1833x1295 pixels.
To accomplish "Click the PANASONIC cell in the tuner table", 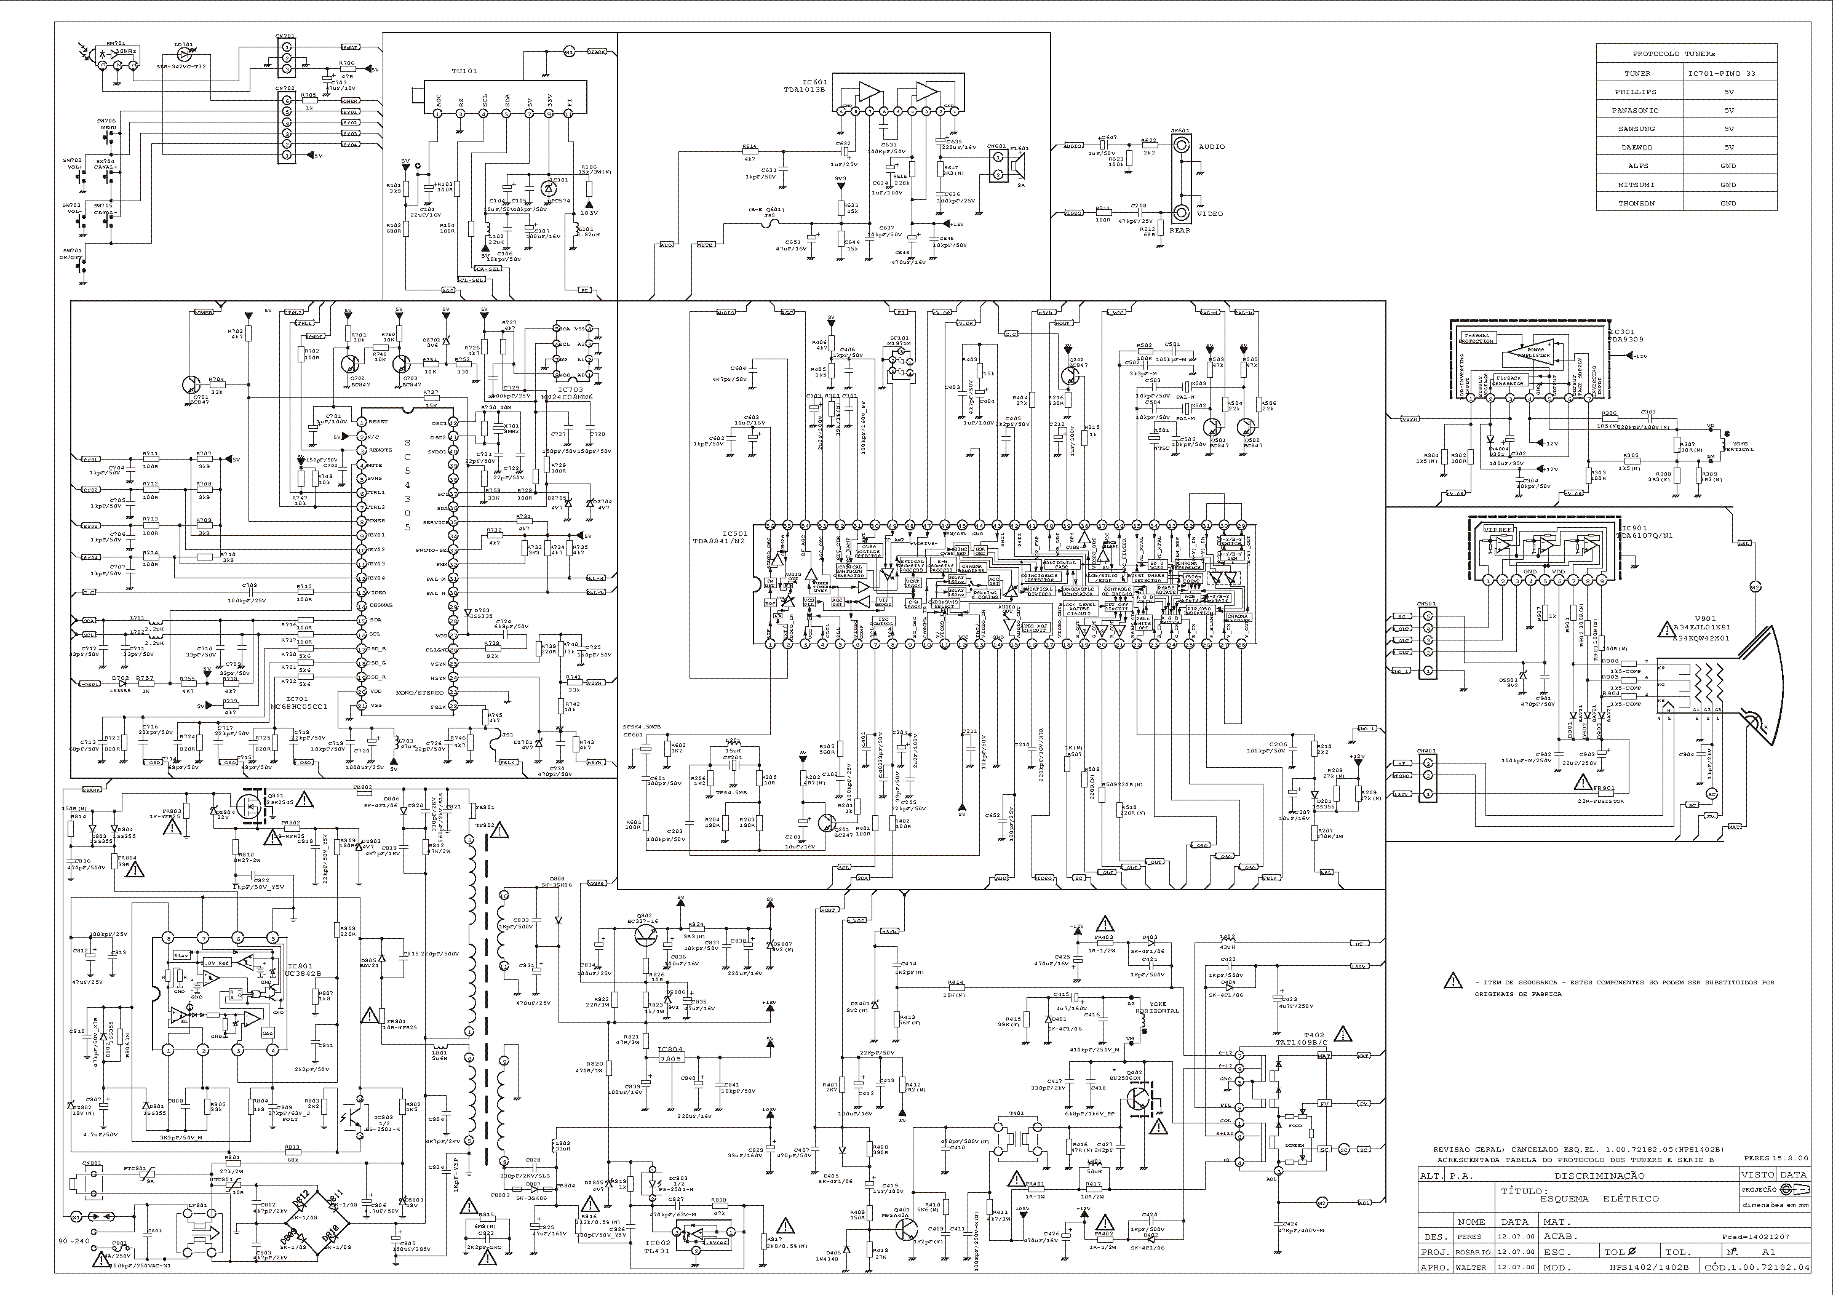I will click(x=1640, y=110).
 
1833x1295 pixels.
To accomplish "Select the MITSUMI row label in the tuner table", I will click(x=1640, y=185).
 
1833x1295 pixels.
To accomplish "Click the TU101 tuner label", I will click(x=464, y=71).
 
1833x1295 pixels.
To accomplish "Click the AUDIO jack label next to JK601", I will click(x=1211, y=147).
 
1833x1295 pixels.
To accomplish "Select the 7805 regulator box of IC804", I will click(x=670, y=1059).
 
